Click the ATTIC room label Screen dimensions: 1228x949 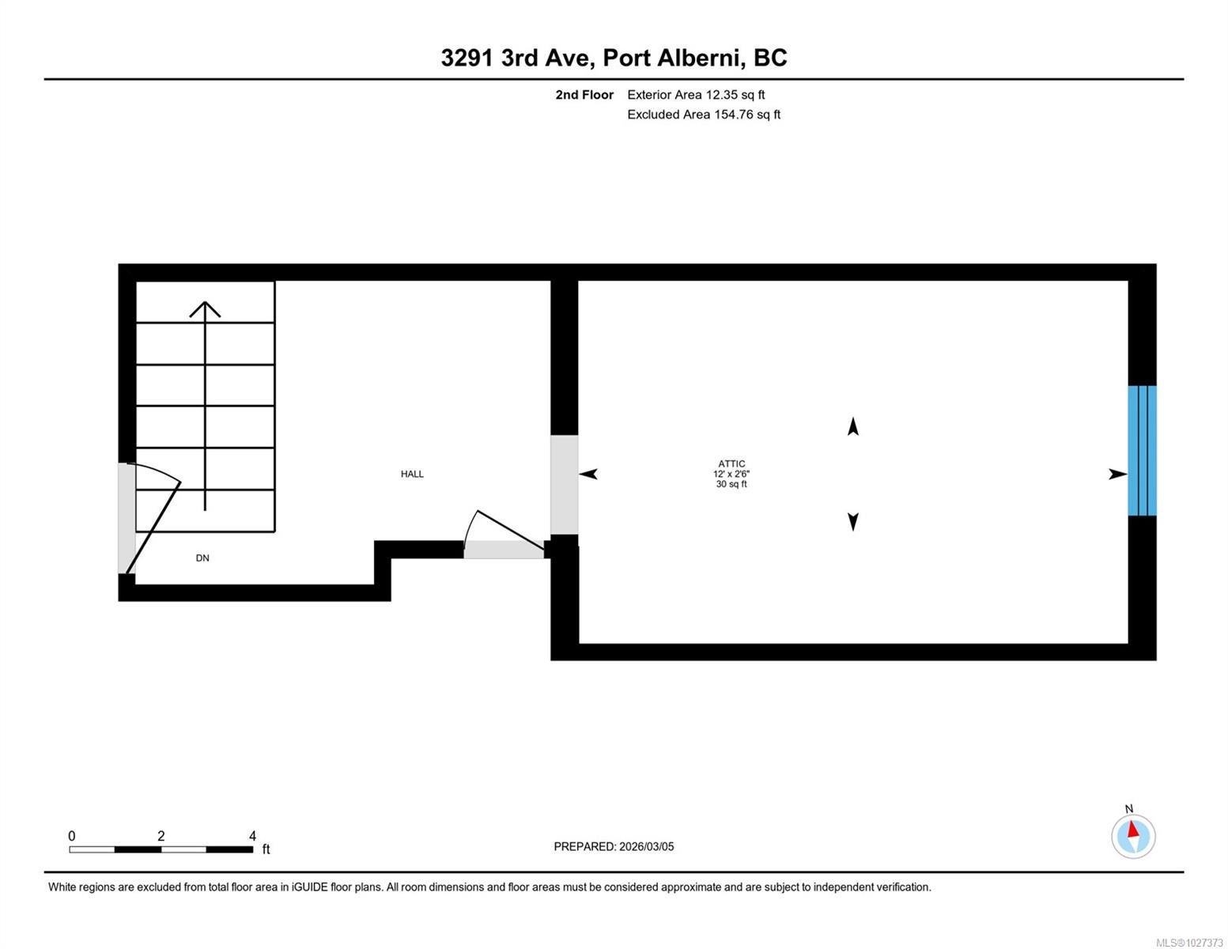pyautogui.click(x=731, y=463)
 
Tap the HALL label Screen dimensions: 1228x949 pyautogui.click(x=412, y=475)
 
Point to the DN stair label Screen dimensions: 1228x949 pyautogui.click(x=202, y=558)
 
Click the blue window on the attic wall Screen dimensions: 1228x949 pyautogui.click(x=1142, y=451)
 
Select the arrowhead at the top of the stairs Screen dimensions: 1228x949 pyautogui.click(x=205, y=309)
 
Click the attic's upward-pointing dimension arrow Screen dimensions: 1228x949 pyautogui.click(x=852, y=426)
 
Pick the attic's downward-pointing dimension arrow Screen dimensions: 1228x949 pyautogui.click(x=852, y=522)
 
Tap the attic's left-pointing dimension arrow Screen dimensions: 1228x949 pyautogui.click(x=588, y=475)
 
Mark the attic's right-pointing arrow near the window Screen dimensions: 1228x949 pyautogui.click(x=1118, y=475)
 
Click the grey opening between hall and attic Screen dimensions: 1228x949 pyautogui.click(x=564, y=485)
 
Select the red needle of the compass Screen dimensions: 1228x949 pyautogui.click(x=1132, y=830)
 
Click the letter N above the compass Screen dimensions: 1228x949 pyautogui.click(x=1129, y=809)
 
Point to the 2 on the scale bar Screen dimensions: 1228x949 pyautogui.click(x=161, y=836)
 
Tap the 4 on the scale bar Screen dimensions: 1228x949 pyautogui.click(x=252, y=836)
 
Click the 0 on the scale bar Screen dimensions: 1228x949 pyautogui.click(x=72, y=836)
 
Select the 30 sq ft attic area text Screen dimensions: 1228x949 pyautogui.click(x=731, y=485)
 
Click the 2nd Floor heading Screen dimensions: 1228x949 pyautogui.click(x=584, y=95)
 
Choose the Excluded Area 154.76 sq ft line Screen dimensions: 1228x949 pyautogui.click(x=704, y=114)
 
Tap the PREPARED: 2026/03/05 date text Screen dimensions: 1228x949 pyautogui.click(x=614, y=847)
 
